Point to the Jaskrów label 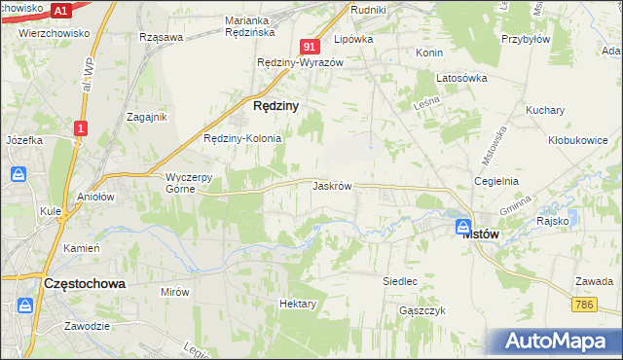pyautogui.click(x=332, y=185)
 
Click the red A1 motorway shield pyautogui.click(x=60, y=10)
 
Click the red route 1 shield pyautogui.click(x=81, y=127)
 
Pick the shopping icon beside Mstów pyautogui.click(x=463, y=227)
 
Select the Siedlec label pyautogui.click(x=400, y=280)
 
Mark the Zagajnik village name pyautogui.click(x=147, y=116)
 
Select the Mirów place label pyautogui.click(x=175, y=291)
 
